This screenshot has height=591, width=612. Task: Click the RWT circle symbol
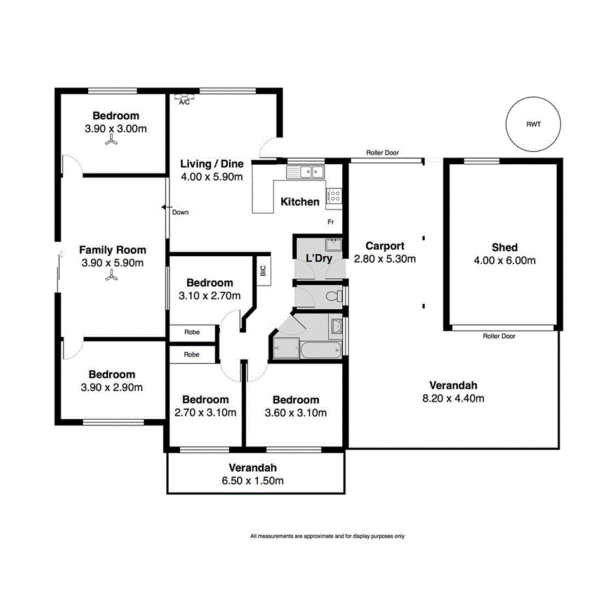tap(533, 125)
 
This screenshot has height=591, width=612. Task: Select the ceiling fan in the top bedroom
tap(112, 143)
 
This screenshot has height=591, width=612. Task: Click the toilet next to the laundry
tap(333, 296)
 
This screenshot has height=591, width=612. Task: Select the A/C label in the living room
tap(184, 101)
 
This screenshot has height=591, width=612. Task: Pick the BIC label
tap(263, 270)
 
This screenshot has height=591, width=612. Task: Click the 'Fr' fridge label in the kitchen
tap(331, 223)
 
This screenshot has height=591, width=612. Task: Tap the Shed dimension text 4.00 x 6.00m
tap(504, 260)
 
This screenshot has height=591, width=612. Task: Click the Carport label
tap(385, 246)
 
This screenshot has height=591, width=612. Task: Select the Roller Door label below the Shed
tap(499, 336)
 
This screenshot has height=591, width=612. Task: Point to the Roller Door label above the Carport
tap(382, 153)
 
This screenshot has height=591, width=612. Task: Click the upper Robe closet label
tap(192, 332)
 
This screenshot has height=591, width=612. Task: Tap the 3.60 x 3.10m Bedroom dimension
tap(295, 413)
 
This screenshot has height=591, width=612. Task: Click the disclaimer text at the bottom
tap(327, 536)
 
